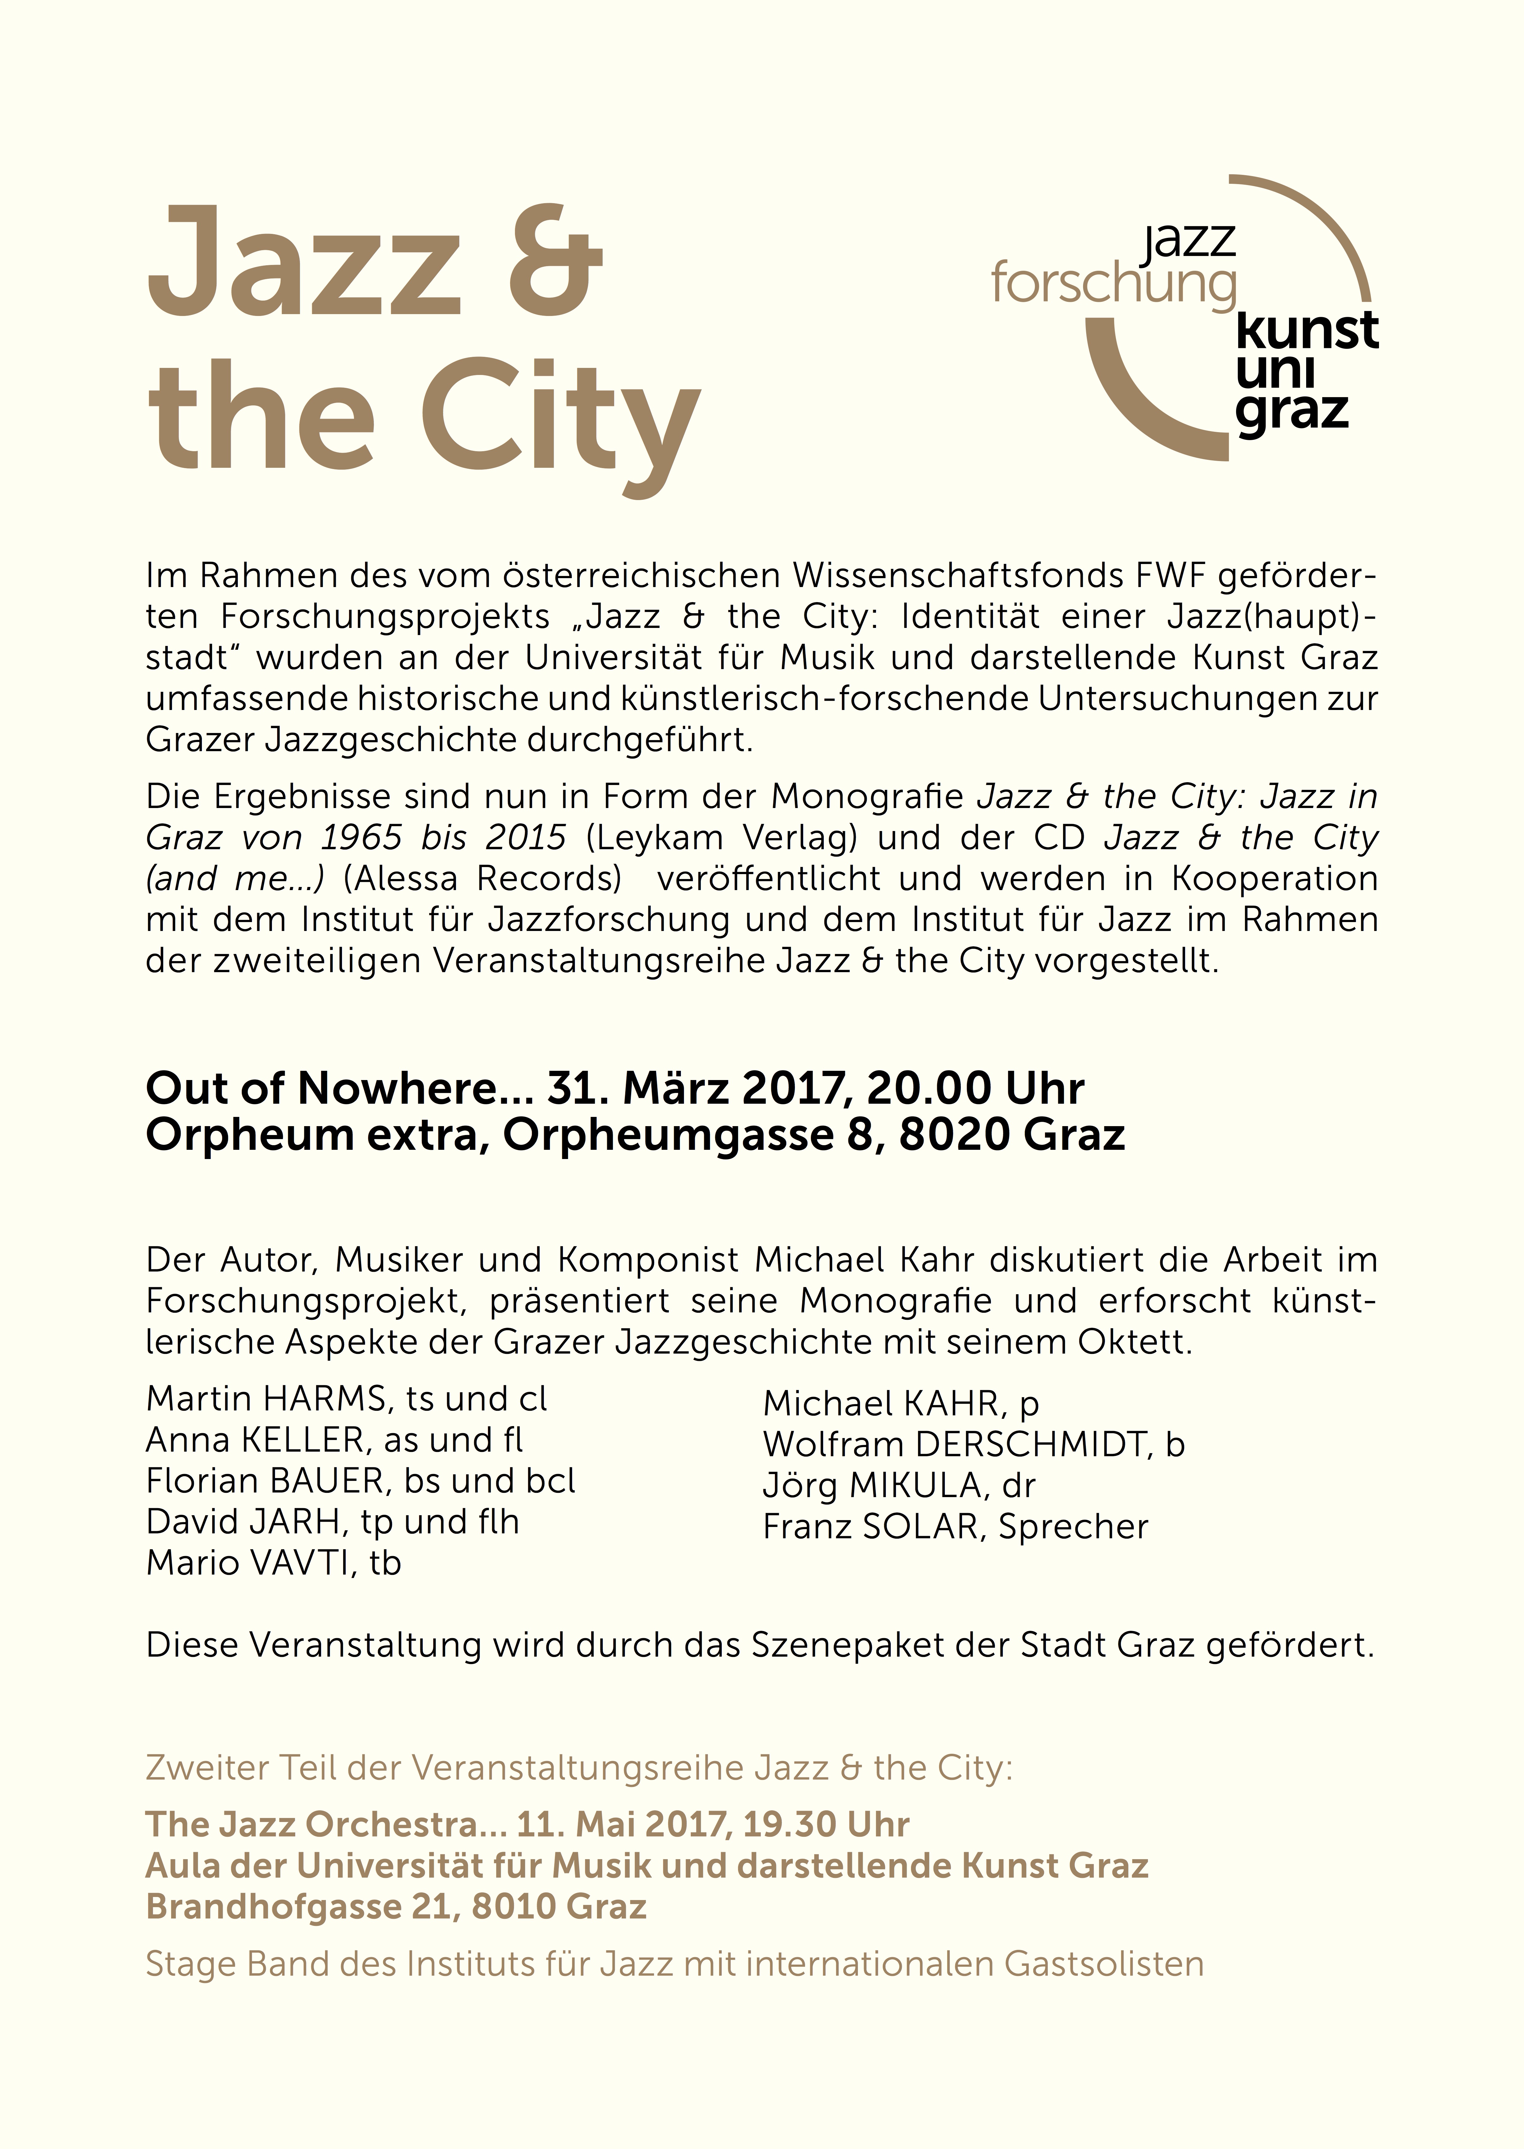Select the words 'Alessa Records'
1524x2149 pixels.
pos(482,878)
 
